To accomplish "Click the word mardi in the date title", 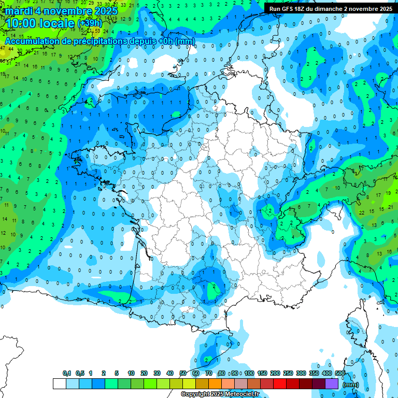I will [x=19, y=10].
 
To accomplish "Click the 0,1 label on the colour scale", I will [x=67, y=373].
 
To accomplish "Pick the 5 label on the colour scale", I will [x=117, y=373].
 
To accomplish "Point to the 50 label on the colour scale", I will [x=183, y=373].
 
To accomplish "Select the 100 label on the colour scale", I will [x=249, y=373].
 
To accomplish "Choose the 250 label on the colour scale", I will [x=288, y=373].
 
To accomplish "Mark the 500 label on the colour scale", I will [x=340, y=373].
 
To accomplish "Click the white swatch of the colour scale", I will [x=59, y=383].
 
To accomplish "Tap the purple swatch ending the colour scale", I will [x=332, y=383].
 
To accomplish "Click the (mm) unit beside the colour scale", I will [x=351, y=385].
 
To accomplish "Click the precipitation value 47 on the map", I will [x=3, y=48].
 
